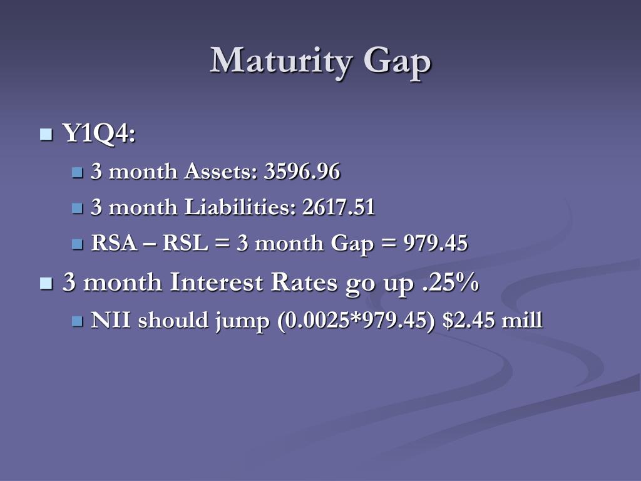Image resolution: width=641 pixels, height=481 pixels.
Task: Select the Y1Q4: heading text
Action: (99, 133)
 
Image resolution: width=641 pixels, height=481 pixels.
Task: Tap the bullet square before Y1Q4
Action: (46, 134)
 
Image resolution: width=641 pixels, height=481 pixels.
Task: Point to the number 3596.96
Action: (302, 171)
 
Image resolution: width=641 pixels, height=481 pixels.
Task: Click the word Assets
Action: (220, 171)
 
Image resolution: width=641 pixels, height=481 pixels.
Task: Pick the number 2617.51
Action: (338, 207)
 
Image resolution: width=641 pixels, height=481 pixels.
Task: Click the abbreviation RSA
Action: (114, 244)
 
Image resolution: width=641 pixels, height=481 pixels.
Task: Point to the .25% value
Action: (448, 282)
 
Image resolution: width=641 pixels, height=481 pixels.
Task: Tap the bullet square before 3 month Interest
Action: (46, 283)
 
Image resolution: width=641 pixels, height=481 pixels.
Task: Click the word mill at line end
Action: (525, 321)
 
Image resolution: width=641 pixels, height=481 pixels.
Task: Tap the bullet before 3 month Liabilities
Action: (77, 208)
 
